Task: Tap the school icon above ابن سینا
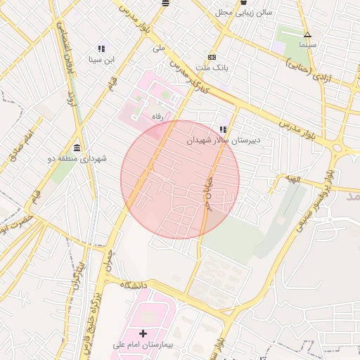(101, 49)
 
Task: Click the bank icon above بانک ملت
(212, 57)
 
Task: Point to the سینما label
(307, 44)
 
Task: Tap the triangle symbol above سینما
(307, 34)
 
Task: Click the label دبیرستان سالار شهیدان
(223, 141)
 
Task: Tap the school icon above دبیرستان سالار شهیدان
(223, 129)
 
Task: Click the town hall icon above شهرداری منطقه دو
(77, 147)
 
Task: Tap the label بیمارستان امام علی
(144, 345)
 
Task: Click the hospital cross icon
(144, 333)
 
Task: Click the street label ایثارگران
(76, 278)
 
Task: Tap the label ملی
(158, 49)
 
